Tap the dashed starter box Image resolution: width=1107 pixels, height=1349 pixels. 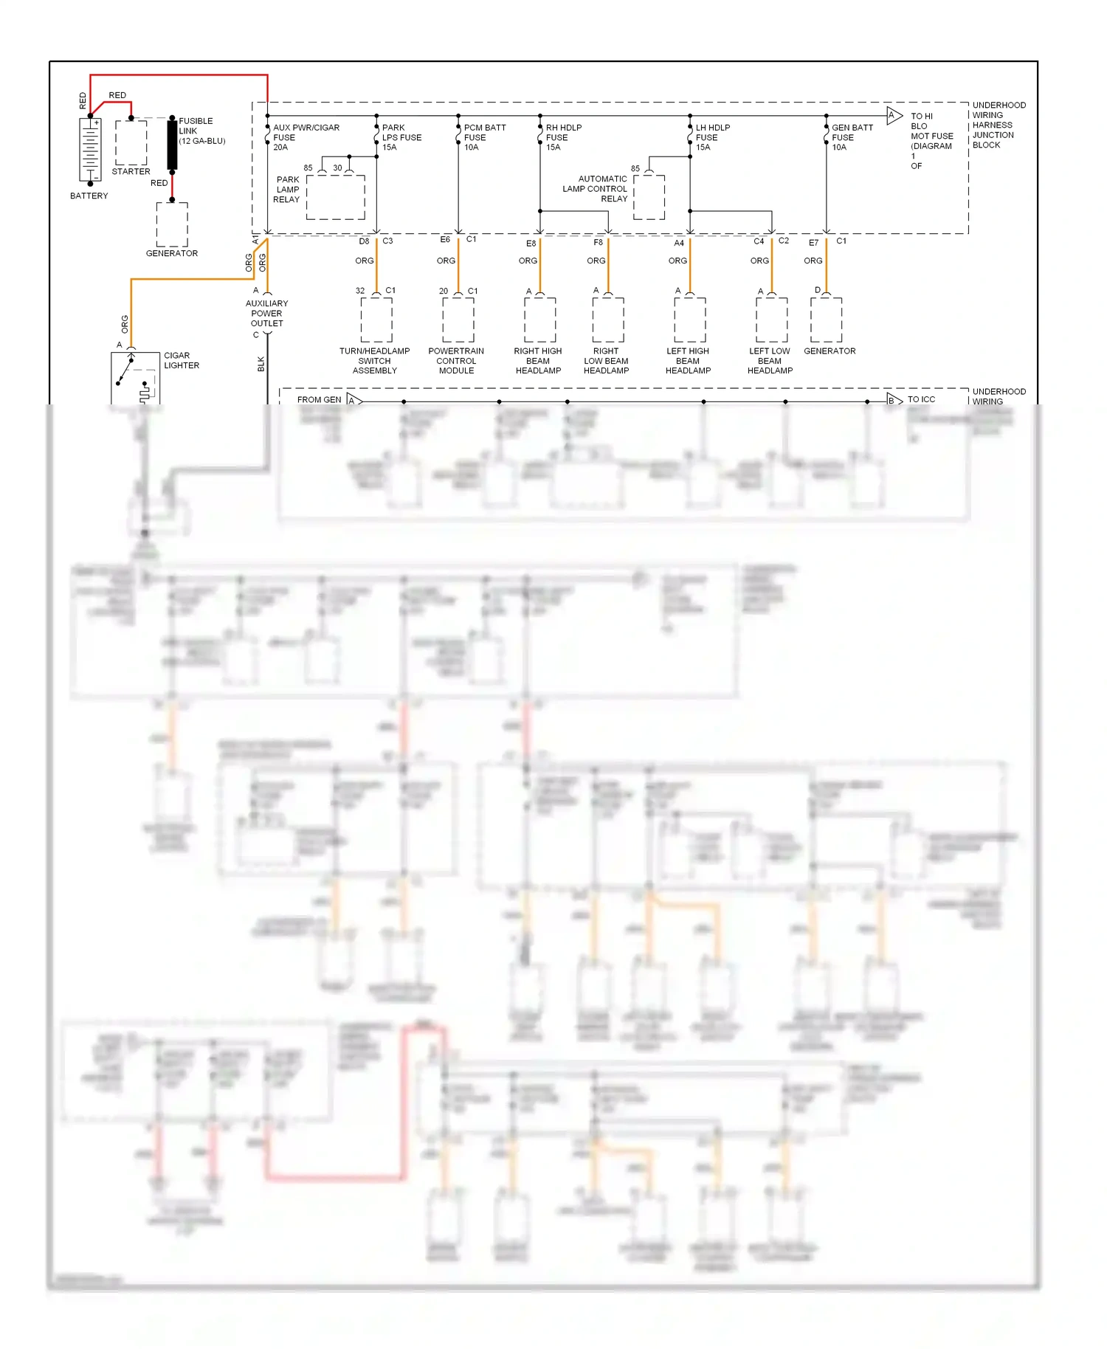131,142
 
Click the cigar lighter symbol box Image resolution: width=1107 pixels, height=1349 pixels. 135,378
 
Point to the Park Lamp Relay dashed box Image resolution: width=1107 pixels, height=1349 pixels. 336,197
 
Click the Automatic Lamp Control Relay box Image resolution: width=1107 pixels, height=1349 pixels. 649,197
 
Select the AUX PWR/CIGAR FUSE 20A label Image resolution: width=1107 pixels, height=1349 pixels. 306,137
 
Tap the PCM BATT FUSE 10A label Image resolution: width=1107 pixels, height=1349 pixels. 484,137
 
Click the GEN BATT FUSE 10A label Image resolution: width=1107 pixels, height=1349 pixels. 852,137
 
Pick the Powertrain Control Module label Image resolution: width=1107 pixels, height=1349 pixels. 456,361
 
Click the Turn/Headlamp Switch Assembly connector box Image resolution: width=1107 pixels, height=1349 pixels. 376,320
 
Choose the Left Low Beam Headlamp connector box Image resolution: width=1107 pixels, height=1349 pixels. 772,320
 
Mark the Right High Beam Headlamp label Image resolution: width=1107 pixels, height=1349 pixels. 538,361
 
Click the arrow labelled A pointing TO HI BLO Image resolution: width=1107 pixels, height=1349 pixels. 894,115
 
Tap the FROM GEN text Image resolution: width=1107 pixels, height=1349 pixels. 319,400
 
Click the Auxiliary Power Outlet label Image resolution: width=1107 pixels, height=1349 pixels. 266,313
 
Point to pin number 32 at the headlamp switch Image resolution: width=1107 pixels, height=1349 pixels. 360,291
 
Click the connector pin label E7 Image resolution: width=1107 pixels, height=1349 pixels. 813,243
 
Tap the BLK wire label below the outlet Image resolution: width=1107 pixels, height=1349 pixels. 261,364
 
